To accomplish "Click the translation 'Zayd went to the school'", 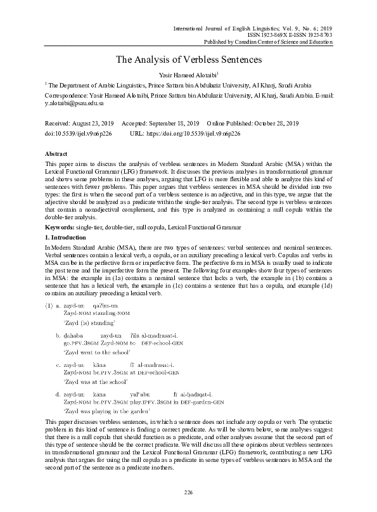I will coord(97,350).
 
